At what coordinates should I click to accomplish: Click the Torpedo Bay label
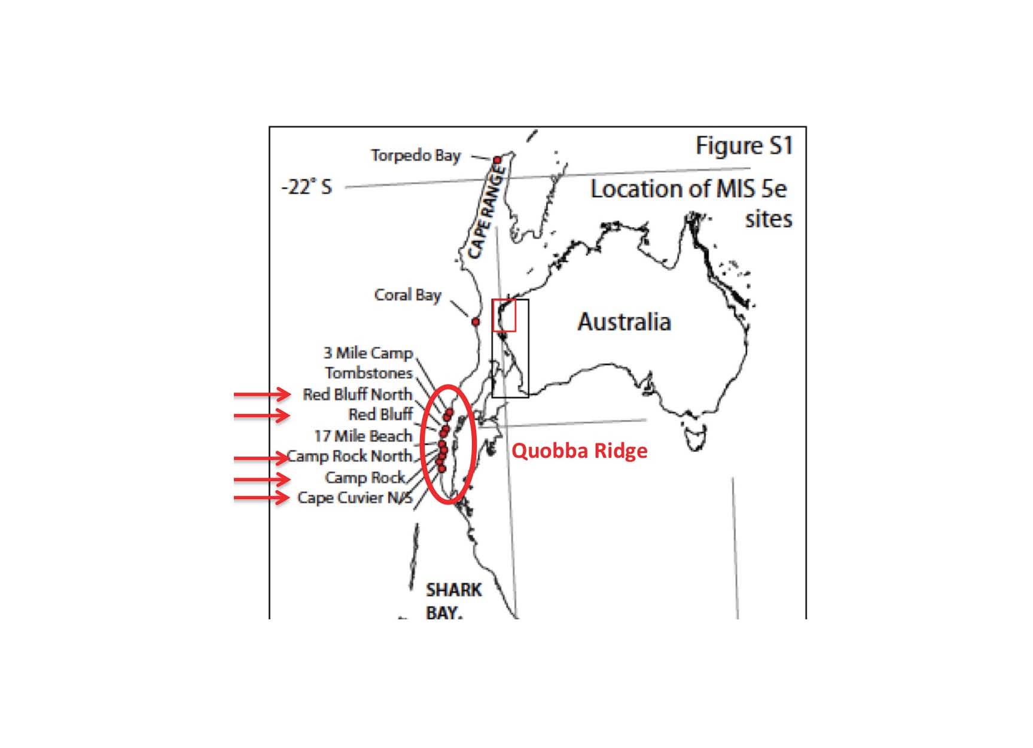click(416, 156)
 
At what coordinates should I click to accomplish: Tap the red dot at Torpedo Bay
click(497, 160)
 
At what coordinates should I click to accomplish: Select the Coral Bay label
click(407, 295)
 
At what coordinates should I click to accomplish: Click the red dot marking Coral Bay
click(476, 322)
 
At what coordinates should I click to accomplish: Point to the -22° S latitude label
click(306, 187)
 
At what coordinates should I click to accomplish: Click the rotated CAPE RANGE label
click(487, 212)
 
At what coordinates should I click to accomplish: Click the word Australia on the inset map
click(624, 322)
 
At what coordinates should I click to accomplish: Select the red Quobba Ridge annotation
click(580, 451)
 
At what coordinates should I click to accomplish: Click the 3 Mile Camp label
click(368, 353)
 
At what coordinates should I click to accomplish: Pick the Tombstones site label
click(369, 373)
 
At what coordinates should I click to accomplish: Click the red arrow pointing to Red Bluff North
click(262, 394)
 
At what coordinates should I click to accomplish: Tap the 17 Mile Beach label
click(364, 436)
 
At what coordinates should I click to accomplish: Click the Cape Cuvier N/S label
click(355, 498)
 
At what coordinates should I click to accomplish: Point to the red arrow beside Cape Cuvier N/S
click(262, 497)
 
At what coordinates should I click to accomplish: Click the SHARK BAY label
click(453, 601)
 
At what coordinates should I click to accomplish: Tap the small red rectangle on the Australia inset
click(504, 316)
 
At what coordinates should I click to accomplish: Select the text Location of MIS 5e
click(688, 189)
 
